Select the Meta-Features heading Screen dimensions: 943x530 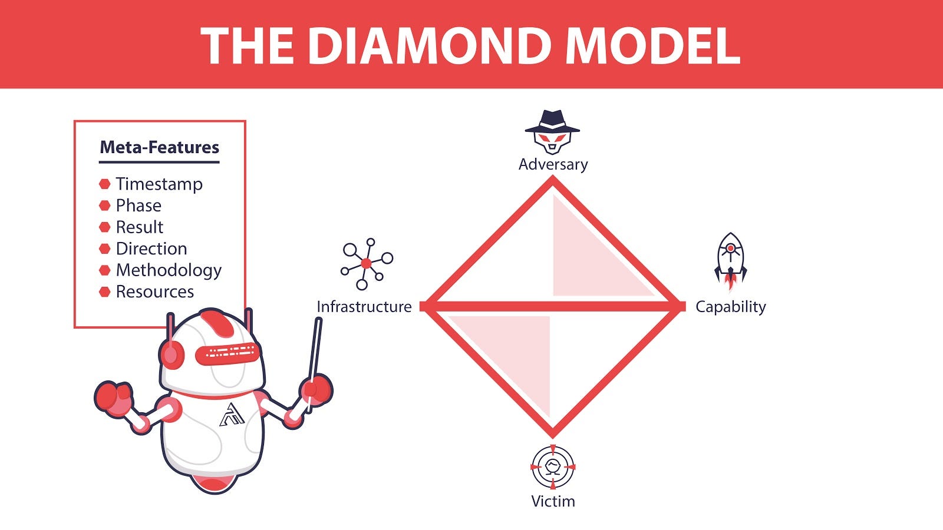(159, 147)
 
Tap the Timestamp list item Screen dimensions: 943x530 (159, 184)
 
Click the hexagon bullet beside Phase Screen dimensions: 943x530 (105, 206)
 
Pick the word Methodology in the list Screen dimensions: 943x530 (169, 270)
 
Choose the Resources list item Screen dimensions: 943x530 (154, 291)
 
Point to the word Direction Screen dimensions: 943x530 (151, 249)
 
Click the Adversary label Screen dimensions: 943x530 (553, 164)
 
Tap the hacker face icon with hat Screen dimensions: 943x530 (552, 131)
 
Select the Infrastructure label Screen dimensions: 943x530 (364, 307)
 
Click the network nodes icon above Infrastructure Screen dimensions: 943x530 (366, 264)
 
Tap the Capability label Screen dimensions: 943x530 (730, 307)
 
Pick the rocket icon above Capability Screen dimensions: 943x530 (730, 261)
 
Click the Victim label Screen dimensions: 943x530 (553, 501)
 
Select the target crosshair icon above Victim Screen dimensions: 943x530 (553, 467)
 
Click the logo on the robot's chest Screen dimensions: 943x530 (232, 415)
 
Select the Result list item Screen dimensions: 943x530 (139, 227)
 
